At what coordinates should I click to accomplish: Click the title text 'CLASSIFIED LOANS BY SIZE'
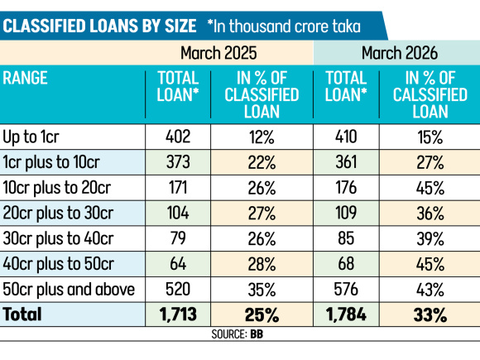point(99,26)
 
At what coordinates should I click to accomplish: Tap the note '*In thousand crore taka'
point(284,26)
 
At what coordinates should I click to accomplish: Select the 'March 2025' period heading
point(218,53)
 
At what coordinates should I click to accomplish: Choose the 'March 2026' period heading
point(400,53)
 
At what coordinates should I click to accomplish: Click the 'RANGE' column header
point(25,78)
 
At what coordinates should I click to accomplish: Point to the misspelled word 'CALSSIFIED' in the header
point(430,94)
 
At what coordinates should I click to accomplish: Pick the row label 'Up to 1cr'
point(31,137)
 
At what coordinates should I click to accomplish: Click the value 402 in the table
point(178,137)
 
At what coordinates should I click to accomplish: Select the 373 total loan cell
point(178,162)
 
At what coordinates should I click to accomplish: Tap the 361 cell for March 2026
point(346,162)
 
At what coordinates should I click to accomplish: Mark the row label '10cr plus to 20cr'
point(56,187)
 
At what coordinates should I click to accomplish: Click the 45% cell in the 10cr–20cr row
point(430,188)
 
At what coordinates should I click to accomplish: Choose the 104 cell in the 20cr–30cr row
point(178,213)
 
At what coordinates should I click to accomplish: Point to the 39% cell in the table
point(430,238)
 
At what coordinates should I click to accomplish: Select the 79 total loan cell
point(178,238)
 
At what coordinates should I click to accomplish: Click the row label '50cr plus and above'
point(69,290)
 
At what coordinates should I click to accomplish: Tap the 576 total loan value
point(346,289)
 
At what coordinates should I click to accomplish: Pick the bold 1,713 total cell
point(178,314)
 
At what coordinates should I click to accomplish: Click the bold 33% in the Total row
point(430,314)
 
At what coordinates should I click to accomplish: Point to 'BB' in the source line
point(257,334)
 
